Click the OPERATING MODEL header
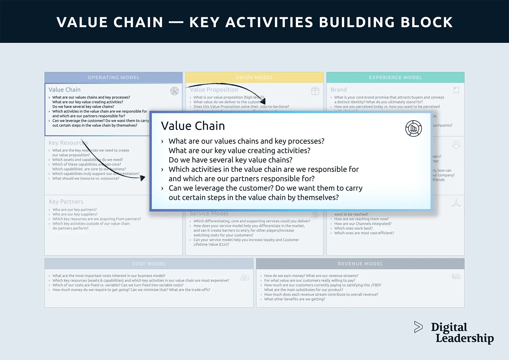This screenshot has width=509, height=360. [113, 77]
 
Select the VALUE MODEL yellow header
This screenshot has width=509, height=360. [254, 77]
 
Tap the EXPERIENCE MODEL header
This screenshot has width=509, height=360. [395, 77]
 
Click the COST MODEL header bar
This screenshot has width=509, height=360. [149, 264]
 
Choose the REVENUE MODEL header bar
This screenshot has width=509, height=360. [360, 264]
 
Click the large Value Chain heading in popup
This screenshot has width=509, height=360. [193, 126]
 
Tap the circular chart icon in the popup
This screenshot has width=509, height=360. [413, 129]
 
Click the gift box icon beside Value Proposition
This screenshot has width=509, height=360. [315, 91]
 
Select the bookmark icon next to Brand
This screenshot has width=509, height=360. [456, 90]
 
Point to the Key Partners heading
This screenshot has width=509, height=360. [66, 202]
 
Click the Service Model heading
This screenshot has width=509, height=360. [209, 214]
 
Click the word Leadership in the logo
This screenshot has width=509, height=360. [464, 338]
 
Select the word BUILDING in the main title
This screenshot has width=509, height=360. [357, 22]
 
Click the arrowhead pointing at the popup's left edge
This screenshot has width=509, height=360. [143, 178]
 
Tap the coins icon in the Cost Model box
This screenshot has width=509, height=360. [245, 278]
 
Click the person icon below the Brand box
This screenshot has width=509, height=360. [456, 144]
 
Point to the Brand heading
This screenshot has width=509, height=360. [339, 90]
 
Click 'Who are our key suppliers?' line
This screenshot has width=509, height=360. [75, 214]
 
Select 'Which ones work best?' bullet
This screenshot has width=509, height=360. [353, 228]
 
